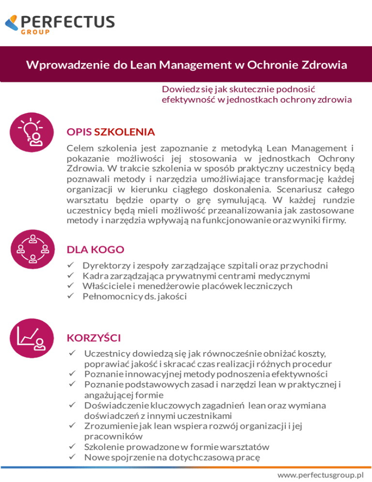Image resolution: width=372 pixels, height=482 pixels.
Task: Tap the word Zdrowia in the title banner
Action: pyautogui.click(x=323, y=64)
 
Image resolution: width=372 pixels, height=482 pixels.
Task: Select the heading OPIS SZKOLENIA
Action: pyautogui.click(x=110, y=131)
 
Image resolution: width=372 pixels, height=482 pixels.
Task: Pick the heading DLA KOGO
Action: pyautogui.click(x=95, y=250)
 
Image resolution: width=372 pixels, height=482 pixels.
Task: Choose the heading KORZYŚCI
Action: pyautogui.click(x=93, y=337)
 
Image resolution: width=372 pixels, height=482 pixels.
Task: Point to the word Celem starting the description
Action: pyautogui.click(x=80, y=148)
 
